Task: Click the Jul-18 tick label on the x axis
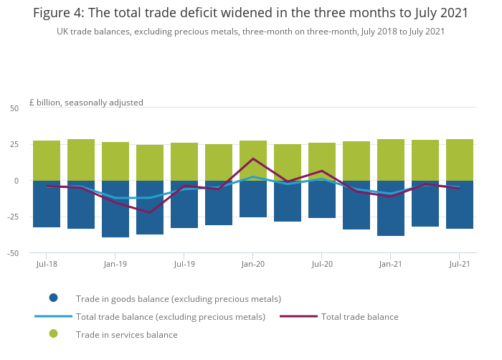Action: [x=47, y=265]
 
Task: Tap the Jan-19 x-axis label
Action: [x=115, y=265]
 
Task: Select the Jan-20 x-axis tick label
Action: [x=253, y=265]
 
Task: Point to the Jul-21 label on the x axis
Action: [x=460, y=265]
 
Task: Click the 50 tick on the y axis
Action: [x=14, y=108]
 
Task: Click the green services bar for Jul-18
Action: [x=47, y=161]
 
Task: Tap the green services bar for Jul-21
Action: [x=460, y=160]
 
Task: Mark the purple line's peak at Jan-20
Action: [x=253, y=158]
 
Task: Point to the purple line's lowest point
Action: [x=150, y=212]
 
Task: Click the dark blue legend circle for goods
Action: [x=53, y=298]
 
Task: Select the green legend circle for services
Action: [x=53, y=334]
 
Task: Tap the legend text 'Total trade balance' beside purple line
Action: [x=359, y=317]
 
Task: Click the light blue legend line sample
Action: [x=53, y=316]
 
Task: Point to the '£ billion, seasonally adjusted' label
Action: [x=86, y=103]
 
